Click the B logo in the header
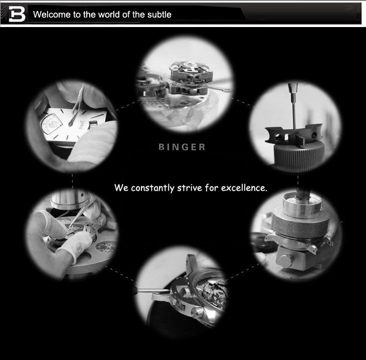[17, 14]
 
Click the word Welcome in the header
[52, 15]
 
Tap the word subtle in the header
[159, 15]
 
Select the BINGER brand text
[182, 147]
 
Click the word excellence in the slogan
[244, 188]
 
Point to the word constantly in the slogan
[152, 188]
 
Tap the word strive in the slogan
[190, 188]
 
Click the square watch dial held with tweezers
[74, 125]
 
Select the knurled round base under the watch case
[299, 156]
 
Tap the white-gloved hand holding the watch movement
[74, 245]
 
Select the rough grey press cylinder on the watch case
[301, 224]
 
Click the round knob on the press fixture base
[285, 261]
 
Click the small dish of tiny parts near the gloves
[105, 247]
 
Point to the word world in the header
[109, 15]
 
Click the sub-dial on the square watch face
[52, 123]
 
